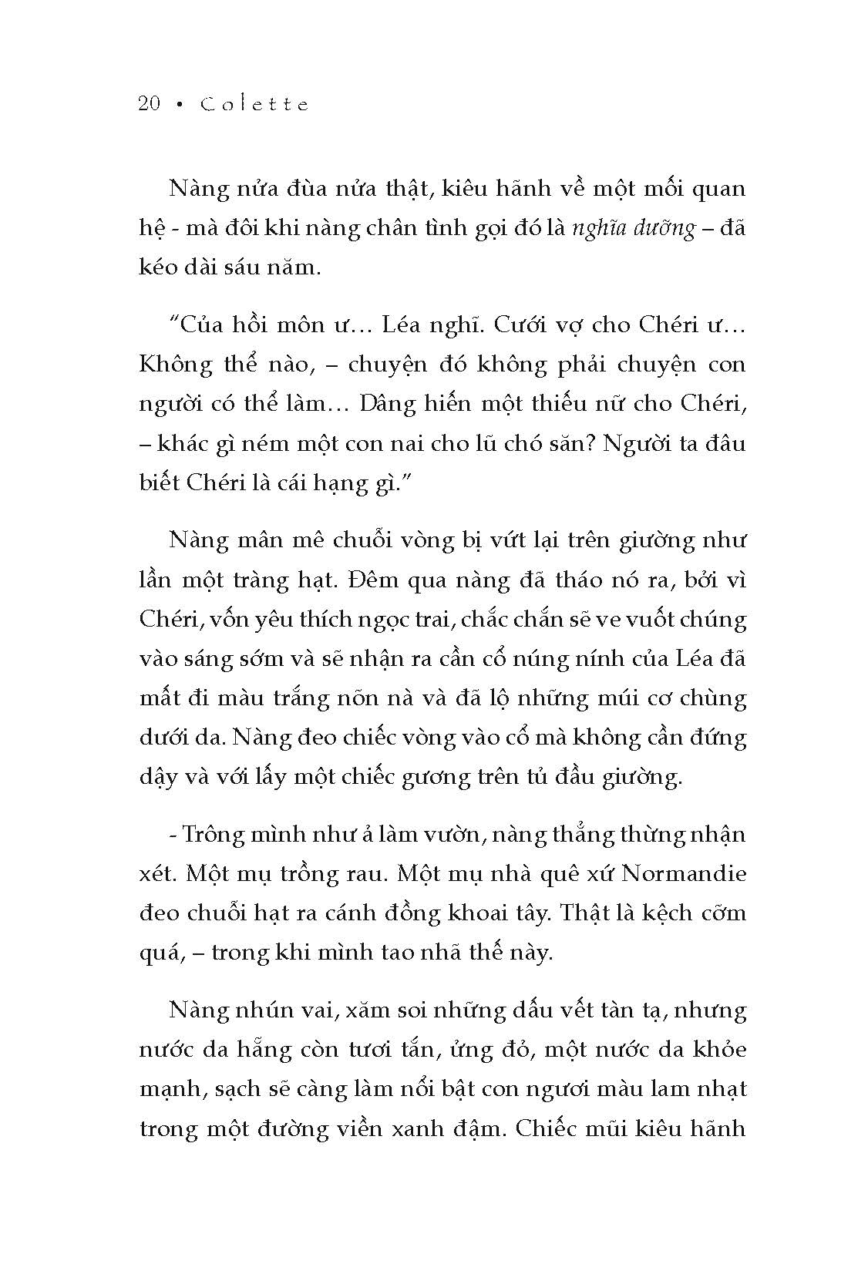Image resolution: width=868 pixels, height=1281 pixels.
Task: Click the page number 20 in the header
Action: [x=150, y=104]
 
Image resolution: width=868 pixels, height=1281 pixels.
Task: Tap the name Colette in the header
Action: [x=254, y=104]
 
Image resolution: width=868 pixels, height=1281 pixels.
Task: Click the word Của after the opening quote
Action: [x=202, y=325]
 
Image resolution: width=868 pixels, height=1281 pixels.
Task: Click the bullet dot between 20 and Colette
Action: [x=180, y=106]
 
